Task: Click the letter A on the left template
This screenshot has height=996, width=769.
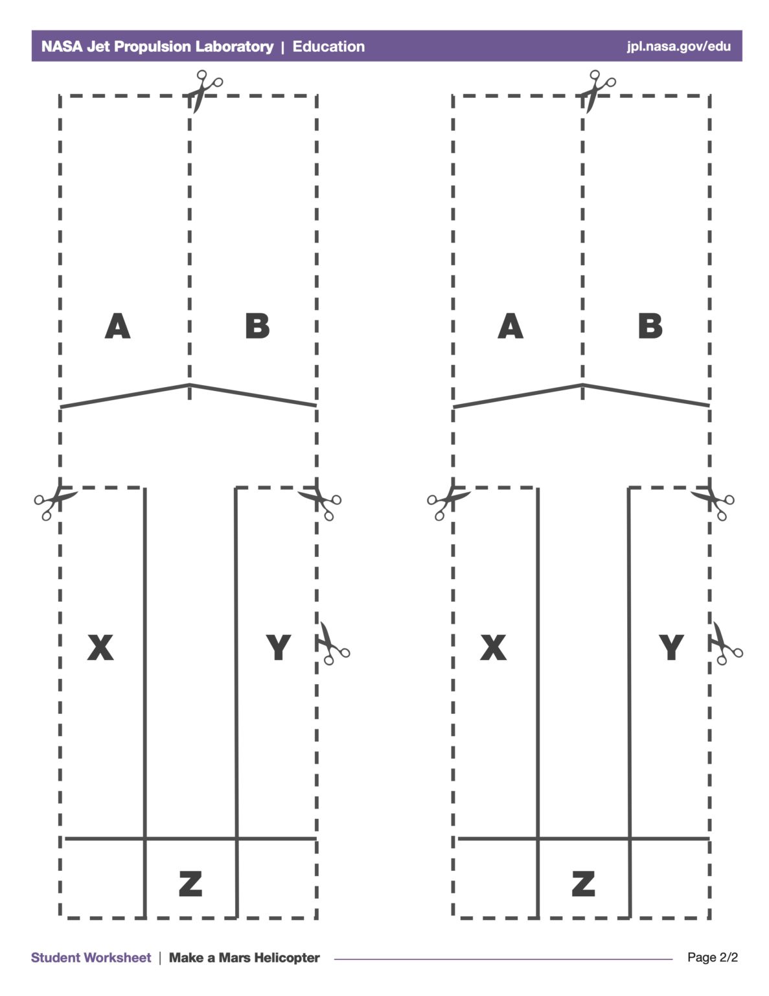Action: (118, 326)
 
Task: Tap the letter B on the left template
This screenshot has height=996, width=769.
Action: (257, 326)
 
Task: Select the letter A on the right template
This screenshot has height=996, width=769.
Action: (511, 326)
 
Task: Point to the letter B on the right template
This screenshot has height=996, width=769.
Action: (650, 326)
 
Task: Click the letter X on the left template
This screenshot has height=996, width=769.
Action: (100, 647)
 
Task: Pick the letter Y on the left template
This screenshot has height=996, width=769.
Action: (279, 647)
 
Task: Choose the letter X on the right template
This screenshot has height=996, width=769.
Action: (493, 647)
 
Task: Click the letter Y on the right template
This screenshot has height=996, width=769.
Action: (671, 647)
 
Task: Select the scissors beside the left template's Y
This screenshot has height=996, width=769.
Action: (333, 643)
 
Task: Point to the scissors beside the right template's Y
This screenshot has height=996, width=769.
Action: (726, 643)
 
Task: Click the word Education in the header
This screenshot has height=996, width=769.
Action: (328, 46)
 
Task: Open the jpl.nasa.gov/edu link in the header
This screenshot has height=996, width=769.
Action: (679, 46)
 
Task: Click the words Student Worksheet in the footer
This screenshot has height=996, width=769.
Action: (91, 958)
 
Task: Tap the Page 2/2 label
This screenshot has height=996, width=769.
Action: (713, 957)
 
